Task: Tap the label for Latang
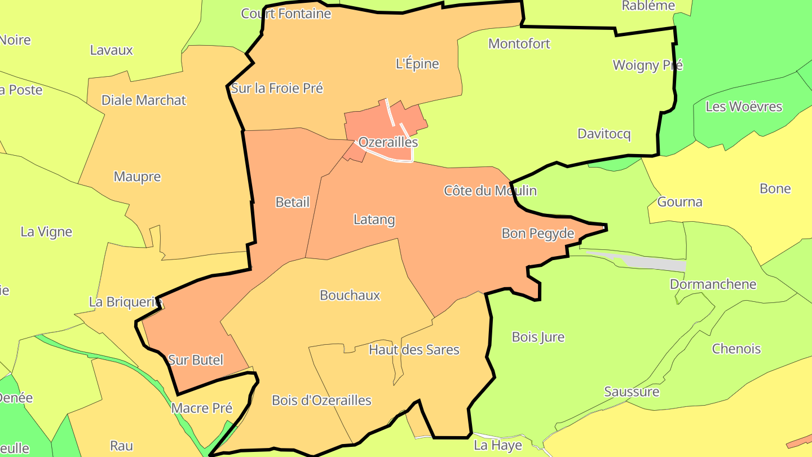coord(374,219)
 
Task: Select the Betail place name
coord(293,202)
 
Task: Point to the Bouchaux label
coord(350,295)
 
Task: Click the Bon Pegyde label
coord(538,233)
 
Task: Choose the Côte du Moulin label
coord(490,191)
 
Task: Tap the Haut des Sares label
coord(414,350)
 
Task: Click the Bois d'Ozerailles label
coord(321,401)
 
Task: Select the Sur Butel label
coord(196,360)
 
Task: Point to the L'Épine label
coord(417,64)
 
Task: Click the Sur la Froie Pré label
coord(277,88)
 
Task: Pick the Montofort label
coord(519,43)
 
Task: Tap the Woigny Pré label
coord(647,65)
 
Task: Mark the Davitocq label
coord(604,134)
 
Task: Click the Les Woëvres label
coord(744,106)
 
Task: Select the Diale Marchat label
coord(143,100)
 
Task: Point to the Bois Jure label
coord(538,337)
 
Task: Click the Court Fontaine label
coord(286,14)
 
